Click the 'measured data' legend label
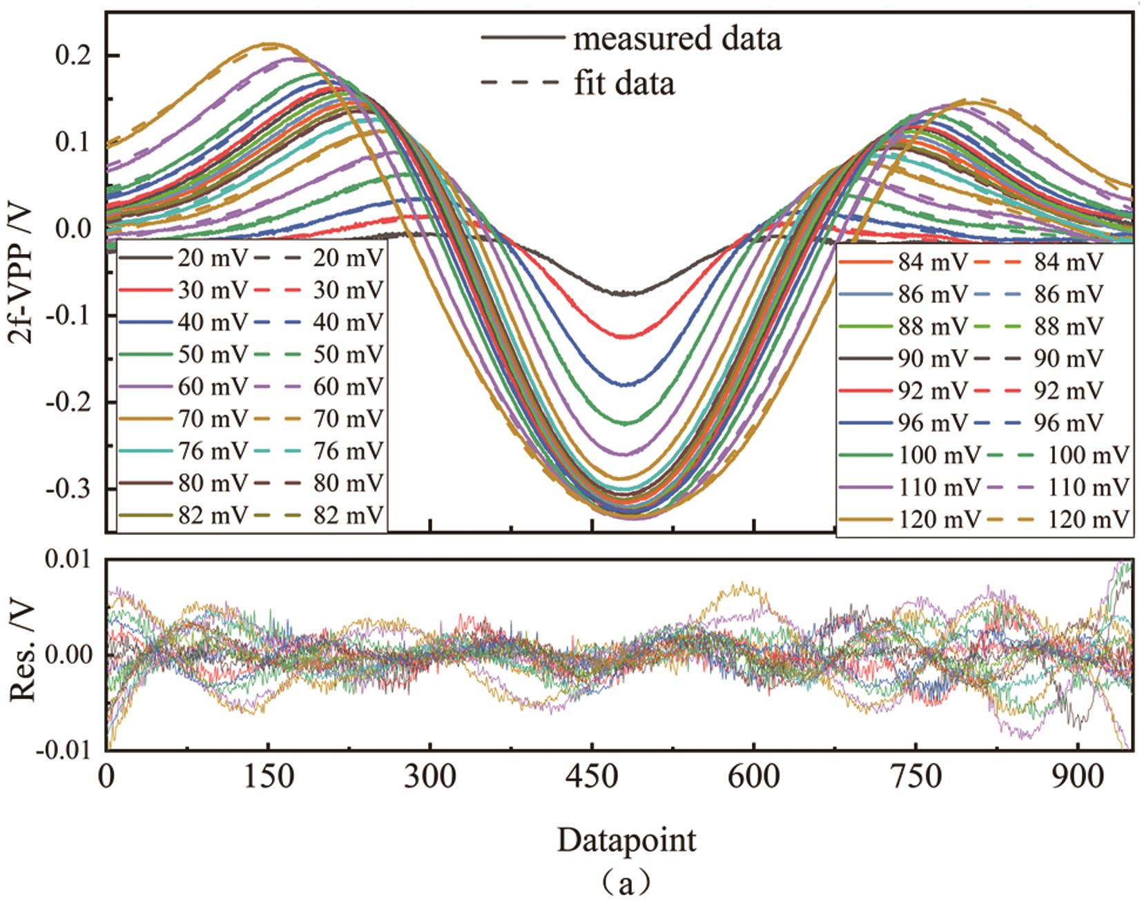[x=677, y=39]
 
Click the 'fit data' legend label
[x=624, y=83]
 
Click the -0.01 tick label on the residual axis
[x=68, y=750]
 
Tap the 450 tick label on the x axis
[x=592, y=778]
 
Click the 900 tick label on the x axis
[x=1078, y=778]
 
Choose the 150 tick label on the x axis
[x=268, y=778]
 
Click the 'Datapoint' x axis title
[x=626, y=841]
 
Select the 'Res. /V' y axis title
[x=25, y=653]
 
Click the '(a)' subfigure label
[x=626, y=882]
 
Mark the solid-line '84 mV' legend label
[x=933, y=263]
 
